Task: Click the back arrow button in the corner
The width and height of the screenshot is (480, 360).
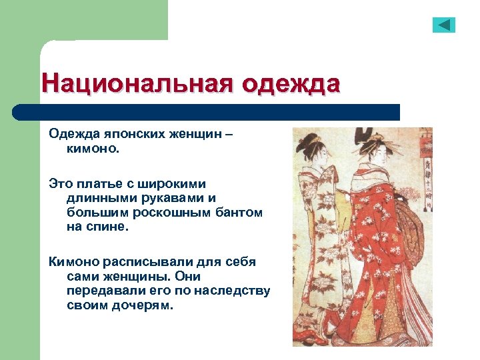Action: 443,25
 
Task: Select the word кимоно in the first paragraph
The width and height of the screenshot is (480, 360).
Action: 91,148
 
